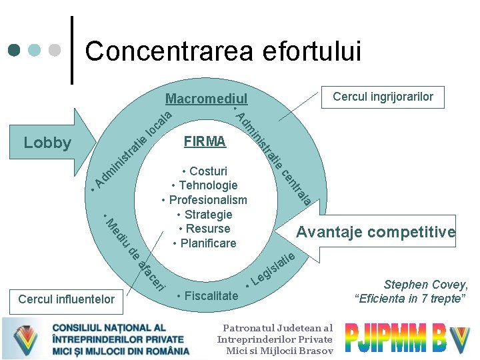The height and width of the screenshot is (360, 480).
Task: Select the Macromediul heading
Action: coord(206,99)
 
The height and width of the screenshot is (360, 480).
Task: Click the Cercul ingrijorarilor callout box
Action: coord(383,97)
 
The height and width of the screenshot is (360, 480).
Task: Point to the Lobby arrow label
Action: coord(47,143)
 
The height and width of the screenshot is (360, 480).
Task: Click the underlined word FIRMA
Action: coord(205,142)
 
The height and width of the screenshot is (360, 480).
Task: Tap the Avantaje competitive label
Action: coord(376,232)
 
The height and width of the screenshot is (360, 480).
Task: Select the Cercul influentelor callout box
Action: coord(67,299)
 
